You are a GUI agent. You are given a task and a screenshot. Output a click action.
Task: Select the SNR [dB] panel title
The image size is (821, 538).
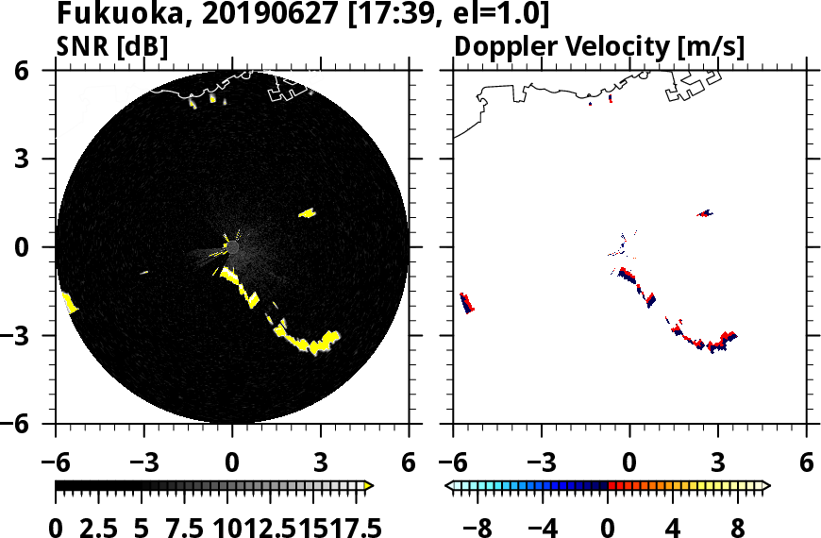[x=112, y=46]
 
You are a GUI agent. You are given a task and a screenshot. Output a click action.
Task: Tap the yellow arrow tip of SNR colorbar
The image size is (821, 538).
[x=369, y=486]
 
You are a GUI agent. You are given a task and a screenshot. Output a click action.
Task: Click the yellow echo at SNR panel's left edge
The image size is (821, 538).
[x=69, y=302]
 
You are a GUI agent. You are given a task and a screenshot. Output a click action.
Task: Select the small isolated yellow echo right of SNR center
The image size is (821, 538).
[x=307, y=213]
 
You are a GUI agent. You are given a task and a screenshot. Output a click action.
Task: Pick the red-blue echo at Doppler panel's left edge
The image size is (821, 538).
[x=466, y=303]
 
